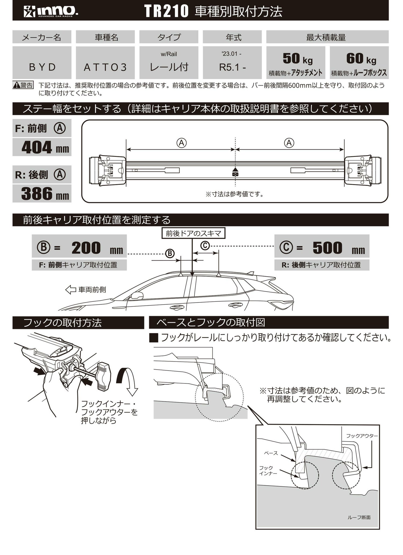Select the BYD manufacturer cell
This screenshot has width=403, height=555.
tap(42, 67)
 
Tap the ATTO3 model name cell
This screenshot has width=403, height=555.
tap(105, 67)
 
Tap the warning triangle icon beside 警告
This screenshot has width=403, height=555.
tap(17, 86)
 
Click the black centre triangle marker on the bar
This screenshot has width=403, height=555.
tap(235, 170)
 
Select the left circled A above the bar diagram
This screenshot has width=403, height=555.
tap(181, 143)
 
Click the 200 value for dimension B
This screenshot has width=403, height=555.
tap(86, 248)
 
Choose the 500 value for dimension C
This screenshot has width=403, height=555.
tap(327, 248)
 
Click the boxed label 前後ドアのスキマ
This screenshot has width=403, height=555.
tap(193, 233)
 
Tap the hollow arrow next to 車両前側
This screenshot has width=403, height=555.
tap(71, 290)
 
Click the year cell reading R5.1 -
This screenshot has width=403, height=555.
tap(232, 67)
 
